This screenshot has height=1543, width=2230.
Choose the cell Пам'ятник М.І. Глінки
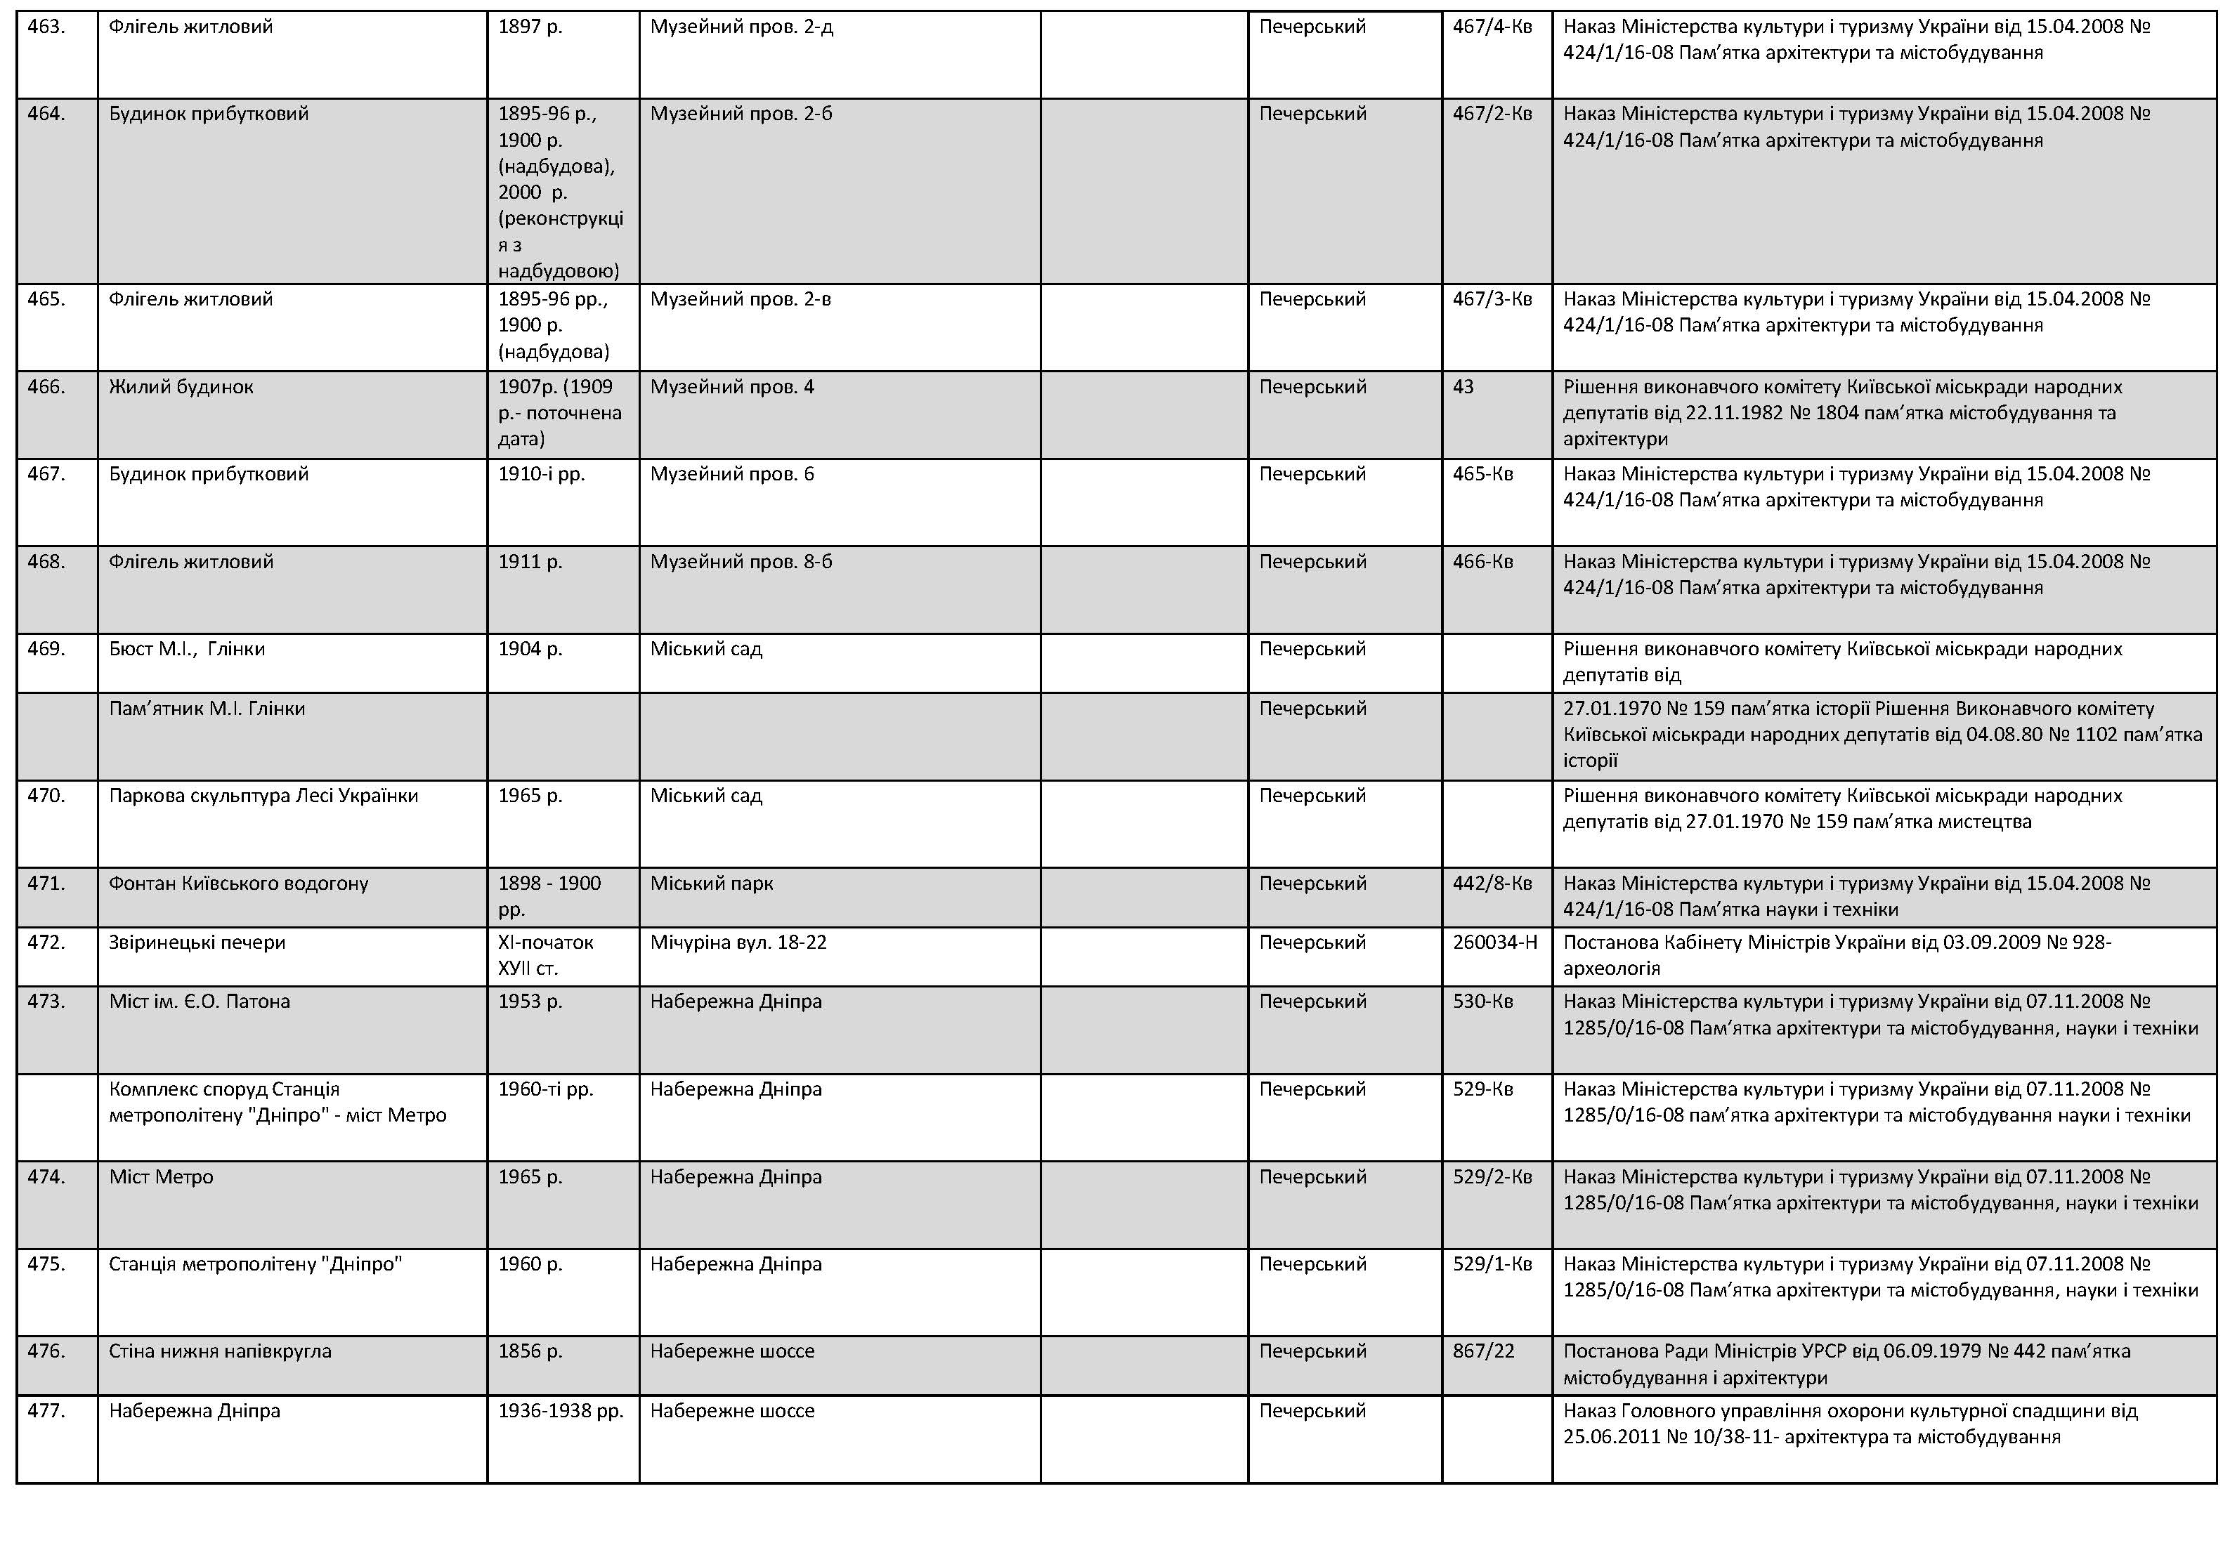207,709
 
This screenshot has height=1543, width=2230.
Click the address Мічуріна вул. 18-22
738,943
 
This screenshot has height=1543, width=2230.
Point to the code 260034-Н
1494,943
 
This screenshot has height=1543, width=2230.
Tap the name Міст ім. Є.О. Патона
200,1002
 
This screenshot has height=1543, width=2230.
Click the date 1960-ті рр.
545,1089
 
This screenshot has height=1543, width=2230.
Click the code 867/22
1482,1351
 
